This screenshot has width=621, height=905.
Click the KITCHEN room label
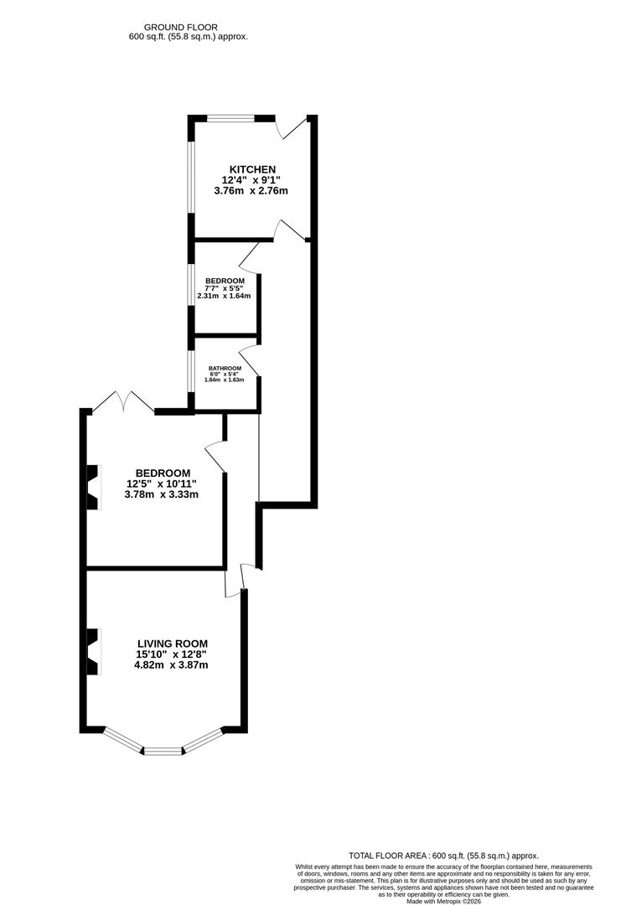pyautogui.click(x=249, y=168)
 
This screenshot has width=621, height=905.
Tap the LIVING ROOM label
pyautogui.click(x=172, y=644)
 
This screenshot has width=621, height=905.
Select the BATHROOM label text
pyautogui.click(x=225, y=369)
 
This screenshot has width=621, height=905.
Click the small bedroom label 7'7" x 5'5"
pyautogui.click(x=225, y=288)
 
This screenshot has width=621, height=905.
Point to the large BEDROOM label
pyautogui.click(x=158, y=473)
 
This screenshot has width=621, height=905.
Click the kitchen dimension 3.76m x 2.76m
pyautogui.click(x=254, y=190)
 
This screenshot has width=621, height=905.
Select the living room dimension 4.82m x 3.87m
pyautogui.click(x=171, y=665)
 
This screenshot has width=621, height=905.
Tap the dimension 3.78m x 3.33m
pyautogui.click(x=162, y=494)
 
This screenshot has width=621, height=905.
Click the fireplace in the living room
pyautogui.click(x=92, y=652)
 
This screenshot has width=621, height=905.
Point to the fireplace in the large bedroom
pyautogui.click(x=92, y=487)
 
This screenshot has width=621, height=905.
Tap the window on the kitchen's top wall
pyautogui.click(x=230, y=119)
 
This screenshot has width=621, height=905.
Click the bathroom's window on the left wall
pyautogui.click(x=191, y=372)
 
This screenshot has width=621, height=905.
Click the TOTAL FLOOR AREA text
pyautogui.click(x=443, y=855)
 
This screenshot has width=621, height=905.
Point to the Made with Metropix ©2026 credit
pyautogui.click(x=443, y=901)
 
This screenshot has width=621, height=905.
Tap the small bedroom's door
pyautogui.click(x=250, y=256)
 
